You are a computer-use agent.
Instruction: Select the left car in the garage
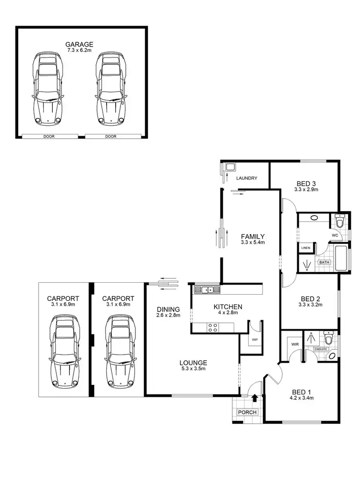[x=47, y=90]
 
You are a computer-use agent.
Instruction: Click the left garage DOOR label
[x=48, y=136]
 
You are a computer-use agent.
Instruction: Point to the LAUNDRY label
[x=247, y=179]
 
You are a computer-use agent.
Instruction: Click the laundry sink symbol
[x=230, y=167]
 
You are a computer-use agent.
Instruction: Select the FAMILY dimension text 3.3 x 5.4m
[x=252, y=243]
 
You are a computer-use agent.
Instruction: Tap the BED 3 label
[x=306, y=183]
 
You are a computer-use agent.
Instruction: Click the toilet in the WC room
[x=339, y=222]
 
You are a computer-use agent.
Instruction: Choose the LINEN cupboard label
[x=306, y=248]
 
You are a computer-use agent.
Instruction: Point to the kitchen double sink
[x=207, y=290]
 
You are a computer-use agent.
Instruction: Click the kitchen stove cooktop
[x=213, y=328]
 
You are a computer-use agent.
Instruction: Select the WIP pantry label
[x=255, y=339]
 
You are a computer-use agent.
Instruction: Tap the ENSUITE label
[x=321, y=349]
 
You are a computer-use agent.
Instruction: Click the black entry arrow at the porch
[x=254, y=398]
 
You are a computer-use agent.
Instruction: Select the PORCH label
[x=248, y=412]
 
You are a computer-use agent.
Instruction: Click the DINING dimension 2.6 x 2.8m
[x=168, y=315]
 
